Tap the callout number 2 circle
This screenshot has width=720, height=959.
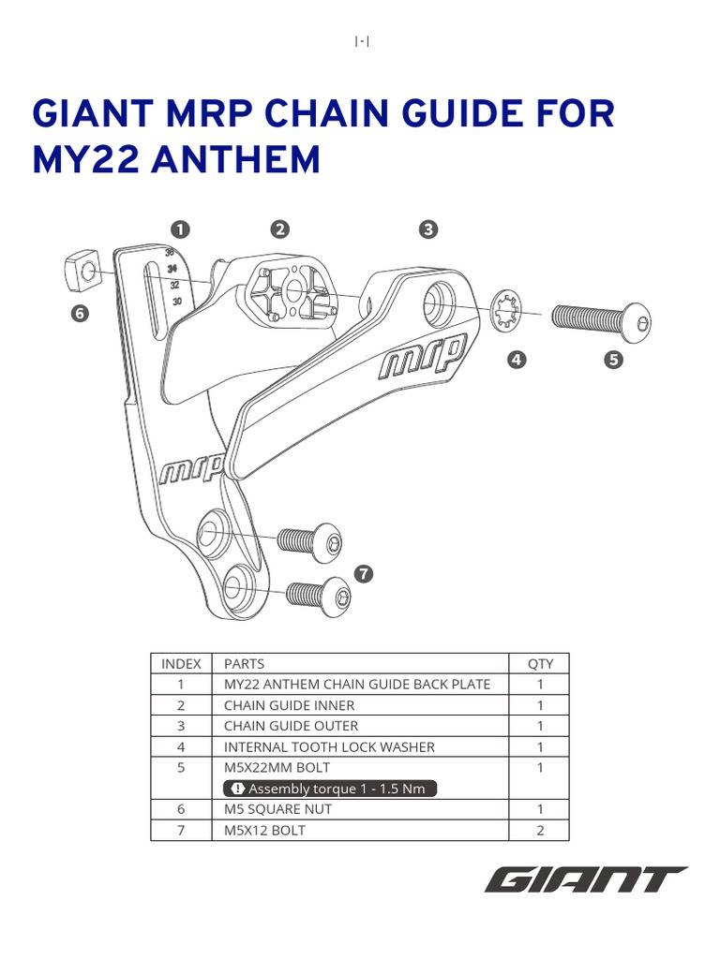point(278,229)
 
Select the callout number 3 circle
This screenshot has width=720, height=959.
point(427,229)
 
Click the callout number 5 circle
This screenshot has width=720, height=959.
point(614,360)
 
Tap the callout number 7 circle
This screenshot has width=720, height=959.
point(363,572)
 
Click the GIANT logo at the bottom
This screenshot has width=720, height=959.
point(586,880)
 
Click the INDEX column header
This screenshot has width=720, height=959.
point(181,664)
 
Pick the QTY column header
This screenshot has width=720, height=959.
point(540,664)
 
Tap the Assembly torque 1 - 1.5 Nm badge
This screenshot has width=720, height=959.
point(329,789)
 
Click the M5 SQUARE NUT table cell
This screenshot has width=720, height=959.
point(277,809)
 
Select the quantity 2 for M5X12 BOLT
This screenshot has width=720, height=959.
point(540,830)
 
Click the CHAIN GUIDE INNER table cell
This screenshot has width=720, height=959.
point(289,705)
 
